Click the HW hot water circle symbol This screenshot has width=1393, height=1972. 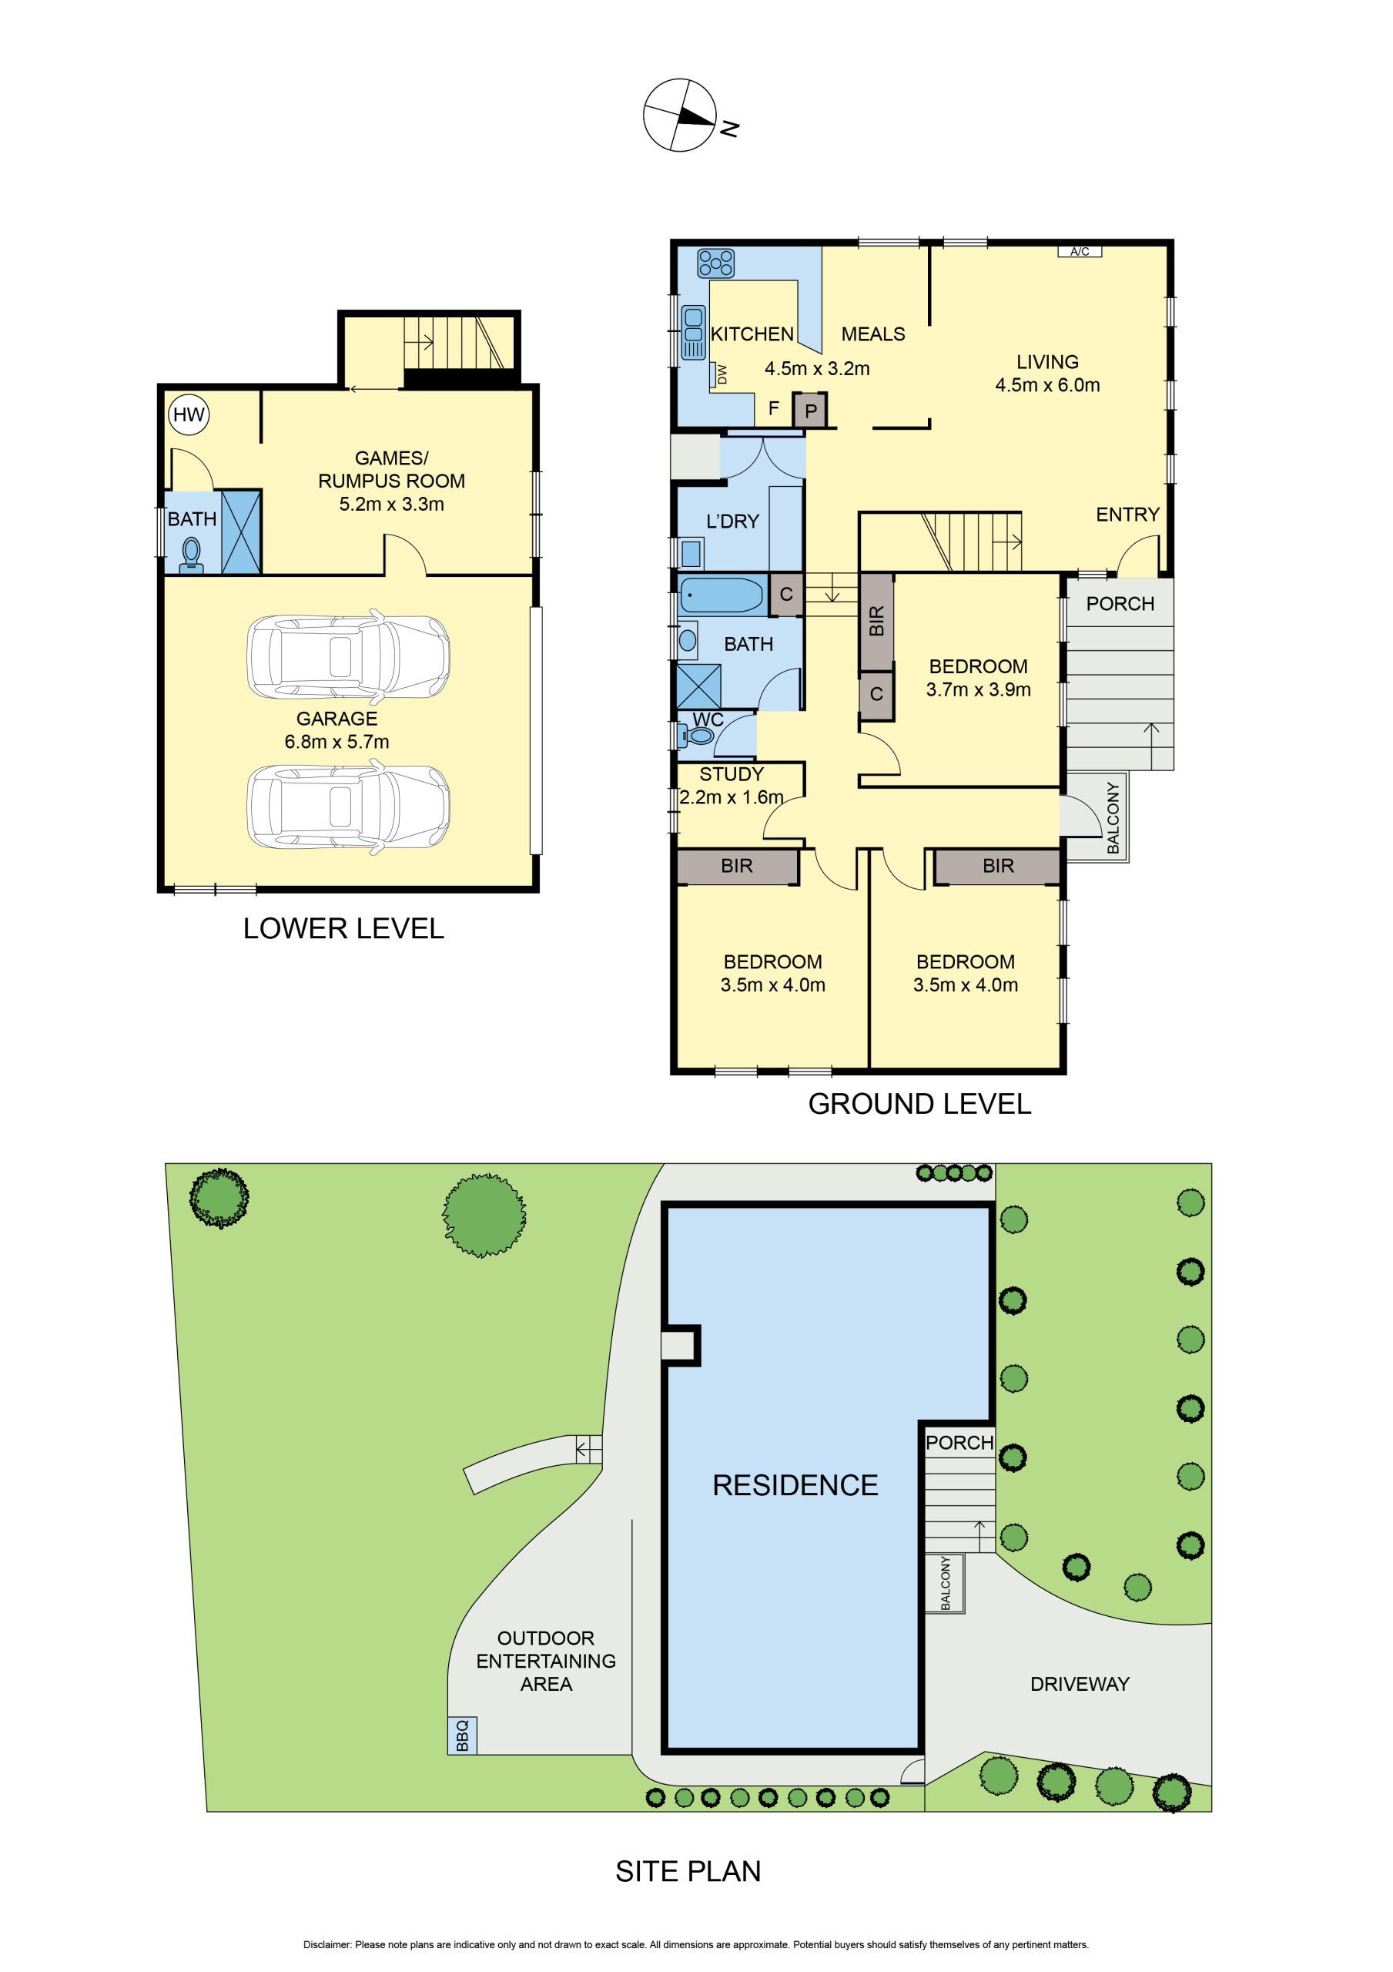(189, 415)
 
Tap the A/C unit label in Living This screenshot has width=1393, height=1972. (1080, 252)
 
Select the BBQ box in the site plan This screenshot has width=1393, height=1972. (462, 1736)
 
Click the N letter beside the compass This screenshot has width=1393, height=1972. (730, 129)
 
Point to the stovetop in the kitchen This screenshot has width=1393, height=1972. (715, 263)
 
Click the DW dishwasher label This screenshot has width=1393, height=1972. (722, 374)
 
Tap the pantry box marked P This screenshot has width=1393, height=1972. (810, 411)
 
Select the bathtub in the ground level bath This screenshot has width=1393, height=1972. (722, 595)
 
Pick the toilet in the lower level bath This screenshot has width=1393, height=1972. (192, 554)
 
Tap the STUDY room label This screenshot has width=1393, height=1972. (731, 774)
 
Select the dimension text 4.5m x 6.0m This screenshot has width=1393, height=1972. (1047, 386)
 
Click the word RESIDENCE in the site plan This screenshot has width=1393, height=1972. (795, 1485)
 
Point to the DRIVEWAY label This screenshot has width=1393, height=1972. (1080, 1684)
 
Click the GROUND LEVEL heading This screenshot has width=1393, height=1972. (919, 1104)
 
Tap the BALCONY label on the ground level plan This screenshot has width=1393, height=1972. (1113, 817)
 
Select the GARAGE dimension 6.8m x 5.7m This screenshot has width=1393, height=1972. (337, 742)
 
